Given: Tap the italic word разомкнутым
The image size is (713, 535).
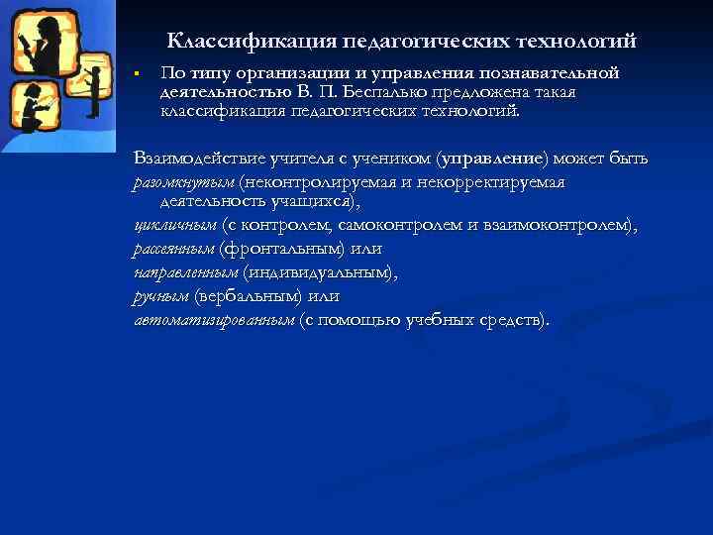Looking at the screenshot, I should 183,182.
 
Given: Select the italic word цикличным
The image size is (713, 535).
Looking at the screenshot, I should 174,226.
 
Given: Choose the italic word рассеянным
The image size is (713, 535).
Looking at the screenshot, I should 173,249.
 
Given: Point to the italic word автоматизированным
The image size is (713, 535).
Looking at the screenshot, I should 214,320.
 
